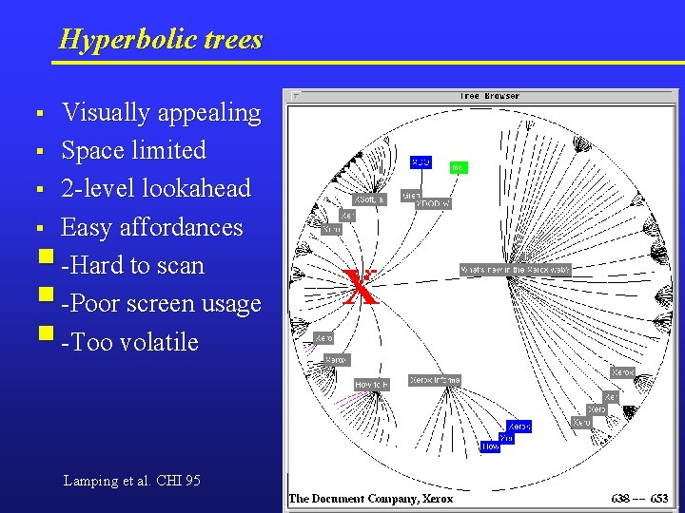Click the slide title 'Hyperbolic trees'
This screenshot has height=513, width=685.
tap(160, 40)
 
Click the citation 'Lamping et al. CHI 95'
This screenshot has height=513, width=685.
tap(131, 481)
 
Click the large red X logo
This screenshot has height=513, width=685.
tap(361, 287)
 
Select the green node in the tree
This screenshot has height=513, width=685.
tap(458, 167)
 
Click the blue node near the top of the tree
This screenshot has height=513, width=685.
tap(421, 162)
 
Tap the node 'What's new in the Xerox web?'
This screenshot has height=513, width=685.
tap(515, 270)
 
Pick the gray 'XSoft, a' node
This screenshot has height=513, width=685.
tap(369, 199)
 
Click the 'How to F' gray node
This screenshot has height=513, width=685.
tap(371, 385)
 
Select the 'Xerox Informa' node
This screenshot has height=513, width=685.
tap(435, 380)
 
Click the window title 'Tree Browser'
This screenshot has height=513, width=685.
tap(489, 96)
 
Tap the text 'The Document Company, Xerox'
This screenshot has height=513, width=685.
tap(371, 498)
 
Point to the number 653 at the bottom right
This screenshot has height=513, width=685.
tap(658, 498)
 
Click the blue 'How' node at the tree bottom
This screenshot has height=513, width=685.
tap(490, 446)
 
